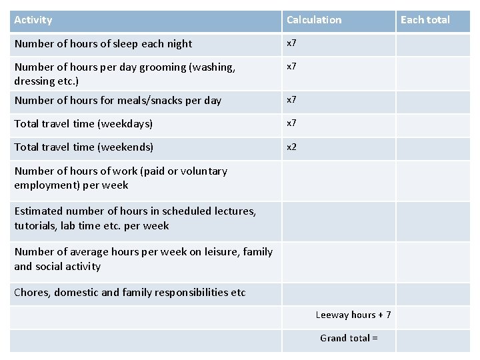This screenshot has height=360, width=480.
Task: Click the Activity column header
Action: coord(33,20)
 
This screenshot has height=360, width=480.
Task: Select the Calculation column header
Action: coord(313,20)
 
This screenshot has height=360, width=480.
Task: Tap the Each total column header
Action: coord(425,20)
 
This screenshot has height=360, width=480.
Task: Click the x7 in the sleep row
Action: coord(291,43)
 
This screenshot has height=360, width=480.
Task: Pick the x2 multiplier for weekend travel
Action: coord(291,147)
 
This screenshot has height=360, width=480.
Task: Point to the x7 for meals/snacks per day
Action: coord(291,100)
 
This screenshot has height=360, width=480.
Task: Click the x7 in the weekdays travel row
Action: coord(291,123)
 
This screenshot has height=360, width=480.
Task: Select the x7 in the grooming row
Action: coord(291,67)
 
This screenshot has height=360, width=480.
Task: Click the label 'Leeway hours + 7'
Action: coord(353,315)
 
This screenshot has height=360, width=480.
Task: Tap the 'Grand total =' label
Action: coord(349,338)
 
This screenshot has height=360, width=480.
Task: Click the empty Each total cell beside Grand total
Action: coord(433,340)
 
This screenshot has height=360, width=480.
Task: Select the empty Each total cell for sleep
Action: coord(433,45)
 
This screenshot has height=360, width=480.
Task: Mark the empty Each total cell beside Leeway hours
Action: coord(433,317)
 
